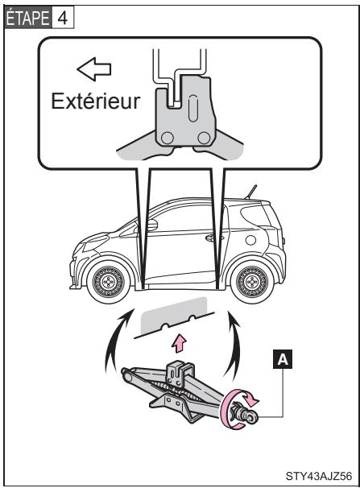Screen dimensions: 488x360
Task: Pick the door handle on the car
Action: point(211,238)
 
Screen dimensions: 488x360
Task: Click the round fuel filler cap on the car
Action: point(250,241)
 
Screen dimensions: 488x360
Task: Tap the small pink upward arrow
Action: point(181,345)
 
